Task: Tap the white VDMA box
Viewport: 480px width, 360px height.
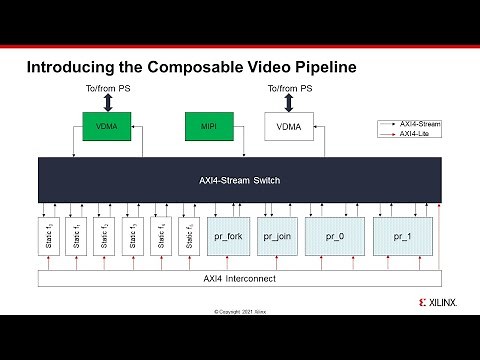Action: point(289,127)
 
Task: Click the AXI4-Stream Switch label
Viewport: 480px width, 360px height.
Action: point(239,180)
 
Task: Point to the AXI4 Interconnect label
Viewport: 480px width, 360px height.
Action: point(239,277)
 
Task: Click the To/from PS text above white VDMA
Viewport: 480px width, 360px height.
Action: point(289,89)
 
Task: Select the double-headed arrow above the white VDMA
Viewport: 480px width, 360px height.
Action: point(289,103)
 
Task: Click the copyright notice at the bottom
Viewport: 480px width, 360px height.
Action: point(240,312)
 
